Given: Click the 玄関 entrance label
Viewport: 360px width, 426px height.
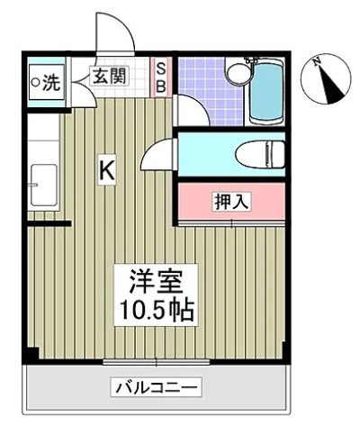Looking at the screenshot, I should (x=109, y=77).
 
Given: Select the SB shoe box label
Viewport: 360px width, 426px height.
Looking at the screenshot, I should (x=162, y=77).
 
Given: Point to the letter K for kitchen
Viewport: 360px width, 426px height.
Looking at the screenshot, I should (x=106, y=168).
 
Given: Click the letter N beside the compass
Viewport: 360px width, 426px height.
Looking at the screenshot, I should (x=317, y=61).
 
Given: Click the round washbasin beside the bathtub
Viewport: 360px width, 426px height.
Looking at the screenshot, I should (x=238, y=73).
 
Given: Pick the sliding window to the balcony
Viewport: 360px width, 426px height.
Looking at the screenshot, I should (x=156, y=361).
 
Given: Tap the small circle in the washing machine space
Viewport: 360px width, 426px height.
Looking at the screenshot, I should (x=35, y=83).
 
